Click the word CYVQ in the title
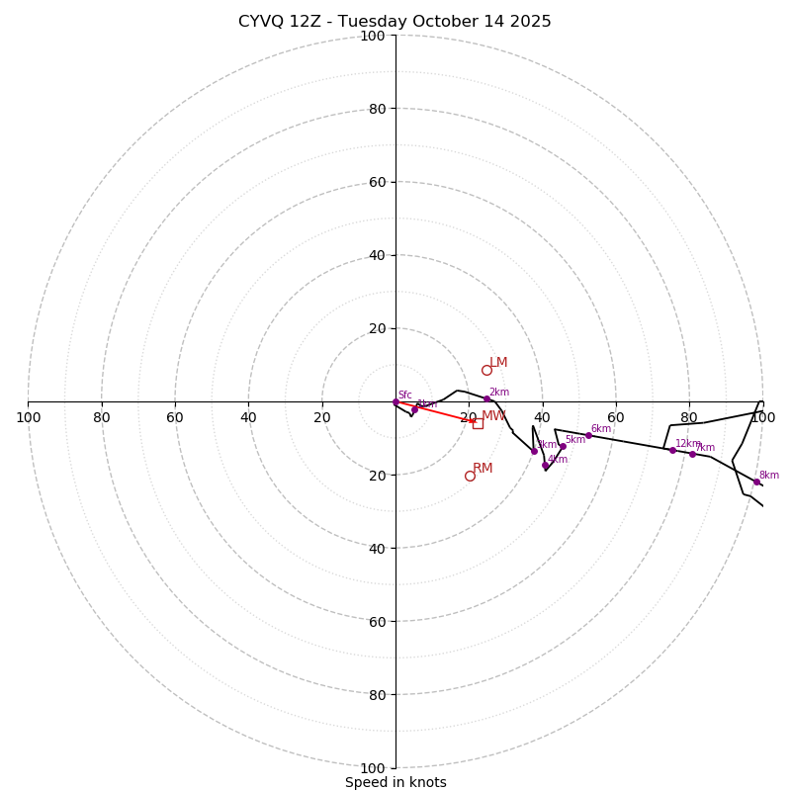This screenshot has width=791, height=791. coord(260,22)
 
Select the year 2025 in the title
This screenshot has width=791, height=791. coord(530,22)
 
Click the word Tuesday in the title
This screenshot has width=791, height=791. coord(372,22)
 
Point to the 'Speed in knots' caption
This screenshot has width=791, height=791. coord(395,782)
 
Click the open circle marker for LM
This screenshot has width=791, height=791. coord(486,371)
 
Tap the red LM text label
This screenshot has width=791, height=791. coord(498,363)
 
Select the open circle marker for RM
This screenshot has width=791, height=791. coord(470,476)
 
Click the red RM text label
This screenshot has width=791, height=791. coord(483,468)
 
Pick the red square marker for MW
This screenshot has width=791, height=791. coord(478,423)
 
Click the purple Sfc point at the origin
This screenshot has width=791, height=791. coord(395,401)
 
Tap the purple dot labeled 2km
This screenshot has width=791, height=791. coord(486,399)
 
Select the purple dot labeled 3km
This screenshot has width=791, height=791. coord(534,451)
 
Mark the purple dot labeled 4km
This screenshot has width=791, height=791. coord(545,465)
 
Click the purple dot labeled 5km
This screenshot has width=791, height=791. coord(563,446)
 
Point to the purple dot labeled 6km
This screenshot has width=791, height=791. coord(588,435)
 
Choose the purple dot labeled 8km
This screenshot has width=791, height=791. coord(756,482)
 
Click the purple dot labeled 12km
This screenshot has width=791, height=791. coord(672,450)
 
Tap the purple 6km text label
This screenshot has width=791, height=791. coord(600,428)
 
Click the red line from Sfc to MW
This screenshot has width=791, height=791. coord(435,412)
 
